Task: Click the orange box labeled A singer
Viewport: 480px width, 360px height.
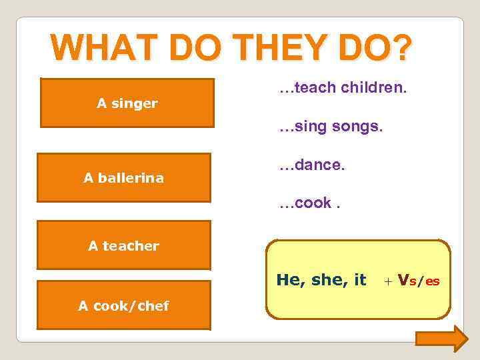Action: click(x=127, y=103)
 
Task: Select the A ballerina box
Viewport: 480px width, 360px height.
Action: click(x=123, y=178)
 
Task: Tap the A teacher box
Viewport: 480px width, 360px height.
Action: click(x=123, y=245)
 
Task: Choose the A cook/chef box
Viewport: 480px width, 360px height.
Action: click(x=123, y=306)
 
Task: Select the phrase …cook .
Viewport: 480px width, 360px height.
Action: click(x=306, y=203)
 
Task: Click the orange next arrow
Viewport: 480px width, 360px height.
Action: click(x=442, y=338)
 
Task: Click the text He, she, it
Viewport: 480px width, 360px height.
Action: click(x=321, y=280)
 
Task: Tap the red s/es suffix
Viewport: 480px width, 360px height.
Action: click(x=425, y=281)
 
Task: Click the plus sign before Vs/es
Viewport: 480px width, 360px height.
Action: click(x=388, y=281)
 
